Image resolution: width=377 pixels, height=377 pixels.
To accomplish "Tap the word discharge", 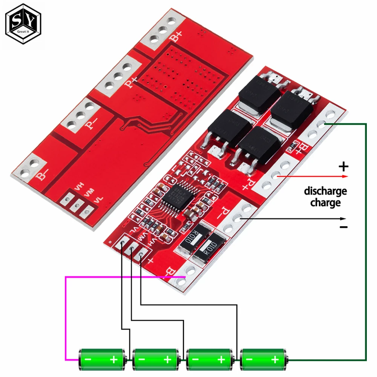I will click(x=325, y=191).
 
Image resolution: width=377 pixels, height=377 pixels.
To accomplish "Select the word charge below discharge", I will click(x=325, y=203).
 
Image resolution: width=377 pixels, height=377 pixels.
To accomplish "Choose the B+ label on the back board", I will click(x=175, y=37).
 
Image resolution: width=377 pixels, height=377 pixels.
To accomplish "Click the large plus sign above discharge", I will click(x=344, y=167).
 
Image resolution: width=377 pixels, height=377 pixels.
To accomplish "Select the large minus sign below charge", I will click(x=343, y=227).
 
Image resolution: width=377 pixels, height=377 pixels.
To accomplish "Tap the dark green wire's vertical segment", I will click(x=365, y=241).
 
